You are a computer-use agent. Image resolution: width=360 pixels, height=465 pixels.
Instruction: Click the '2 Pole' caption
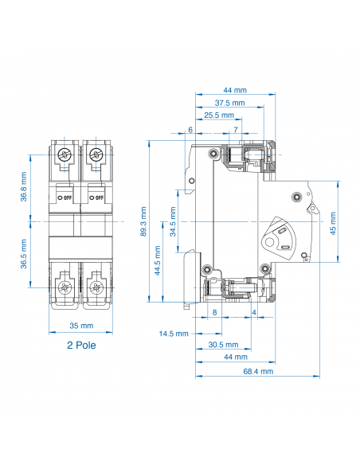(x=81, y=346)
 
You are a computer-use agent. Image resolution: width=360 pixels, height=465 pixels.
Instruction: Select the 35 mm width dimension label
(x=81, y=326)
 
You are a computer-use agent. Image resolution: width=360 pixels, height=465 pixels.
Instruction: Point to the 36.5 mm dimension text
(x=24, y=254)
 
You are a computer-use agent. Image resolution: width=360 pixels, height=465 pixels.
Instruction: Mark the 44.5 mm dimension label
(x=158, y=260)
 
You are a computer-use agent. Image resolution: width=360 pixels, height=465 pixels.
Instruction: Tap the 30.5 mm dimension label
(x=223, y=345)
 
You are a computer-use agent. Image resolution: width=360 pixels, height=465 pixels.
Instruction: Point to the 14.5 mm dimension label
(x=173, y=333)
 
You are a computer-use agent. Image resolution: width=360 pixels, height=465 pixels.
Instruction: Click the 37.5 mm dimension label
(x=229, y=104)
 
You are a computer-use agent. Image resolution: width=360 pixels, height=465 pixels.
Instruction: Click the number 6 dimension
(x=190, y=130)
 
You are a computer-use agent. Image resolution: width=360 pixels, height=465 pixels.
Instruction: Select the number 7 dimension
(x=236, y=130)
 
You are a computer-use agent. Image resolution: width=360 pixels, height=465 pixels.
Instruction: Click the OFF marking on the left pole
(x=66, y=197)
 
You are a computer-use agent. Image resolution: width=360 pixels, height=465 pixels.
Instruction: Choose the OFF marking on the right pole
(x=99, y=197)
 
